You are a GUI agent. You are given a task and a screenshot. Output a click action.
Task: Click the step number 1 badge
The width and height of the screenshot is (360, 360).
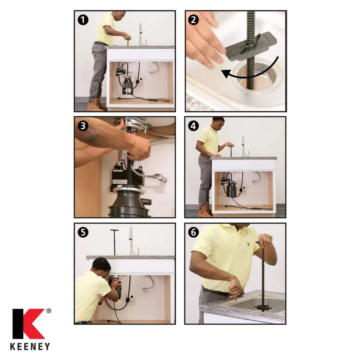click(x=83, y=20)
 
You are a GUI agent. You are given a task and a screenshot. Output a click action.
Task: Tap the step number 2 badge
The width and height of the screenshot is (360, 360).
click(x=193, y=20)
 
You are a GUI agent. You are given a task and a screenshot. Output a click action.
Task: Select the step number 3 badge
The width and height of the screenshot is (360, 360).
click(x=83, y=126)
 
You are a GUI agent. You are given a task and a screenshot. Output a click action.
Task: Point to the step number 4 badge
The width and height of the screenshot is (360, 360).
click(x=193, y=126)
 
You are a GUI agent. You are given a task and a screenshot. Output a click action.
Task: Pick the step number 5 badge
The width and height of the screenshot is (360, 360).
click(x=83, y=232)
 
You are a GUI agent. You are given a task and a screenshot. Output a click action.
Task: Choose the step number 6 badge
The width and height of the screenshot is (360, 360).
click(x=193, y=232)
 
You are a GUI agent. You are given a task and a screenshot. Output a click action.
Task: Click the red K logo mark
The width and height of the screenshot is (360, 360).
click(x=28, y=324)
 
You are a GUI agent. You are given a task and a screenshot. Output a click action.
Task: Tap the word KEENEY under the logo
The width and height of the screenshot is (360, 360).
click(x=30, y=346)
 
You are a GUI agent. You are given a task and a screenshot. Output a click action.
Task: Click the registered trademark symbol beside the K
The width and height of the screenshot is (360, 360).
click(x=49, y=311)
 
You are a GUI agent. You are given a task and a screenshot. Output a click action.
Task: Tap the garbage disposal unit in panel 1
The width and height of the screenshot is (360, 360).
click(x=127, y=85)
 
